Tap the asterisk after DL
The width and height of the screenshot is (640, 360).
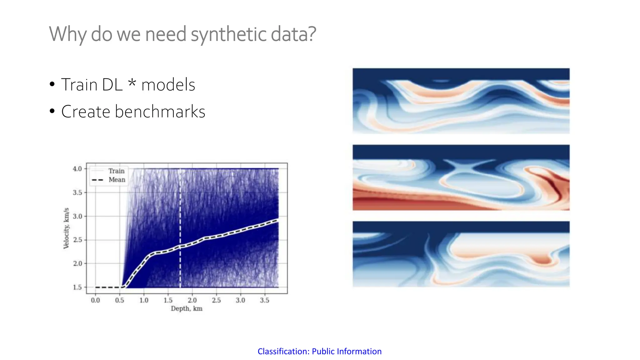pyautogui.click(x=132, y=83)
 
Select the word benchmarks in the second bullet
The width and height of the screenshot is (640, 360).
pyautogui.click(x=160, y=112)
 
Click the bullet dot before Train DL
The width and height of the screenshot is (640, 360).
pyautogui.click(x=52, y=84)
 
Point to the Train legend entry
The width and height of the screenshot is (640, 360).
pyautogui.click(x=116, y=171)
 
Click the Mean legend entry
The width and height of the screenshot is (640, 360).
pyautogui.click(x=117, y=180)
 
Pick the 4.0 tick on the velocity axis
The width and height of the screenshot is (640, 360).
pyautogui.click(x=77, y=169)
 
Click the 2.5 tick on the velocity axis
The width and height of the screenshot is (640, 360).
pyautogui.click(x=77, y=240)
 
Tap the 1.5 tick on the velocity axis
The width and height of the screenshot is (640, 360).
pyautogui.click(x=77, y=287)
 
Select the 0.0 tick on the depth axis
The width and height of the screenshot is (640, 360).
pyautogui.click(x=95, y=300)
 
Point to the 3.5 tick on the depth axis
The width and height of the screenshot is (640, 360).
pyautogui.click(x=264, y=300)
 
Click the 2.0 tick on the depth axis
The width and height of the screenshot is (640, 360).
pyautogui.click(x=192, y=300)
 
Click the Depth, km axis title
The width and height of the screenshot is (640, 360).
pyautogui.click(x=187, y=309)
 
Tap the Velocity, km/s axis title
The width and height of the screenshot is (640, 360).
pyautogui.click(x=66, y=228)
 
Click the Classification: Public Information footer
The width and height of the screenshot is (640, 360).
pyautogui.click(x=319, y=351)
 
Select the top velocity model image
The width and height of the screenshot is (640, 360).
pyautogui.click(x=461, y=101)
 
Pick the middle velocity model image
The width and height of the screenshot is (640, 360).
pyautogui.click(x=461, y=177)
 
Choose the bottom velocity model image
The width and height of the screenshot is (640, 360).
pyautogui.click(x=461, y=254)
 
